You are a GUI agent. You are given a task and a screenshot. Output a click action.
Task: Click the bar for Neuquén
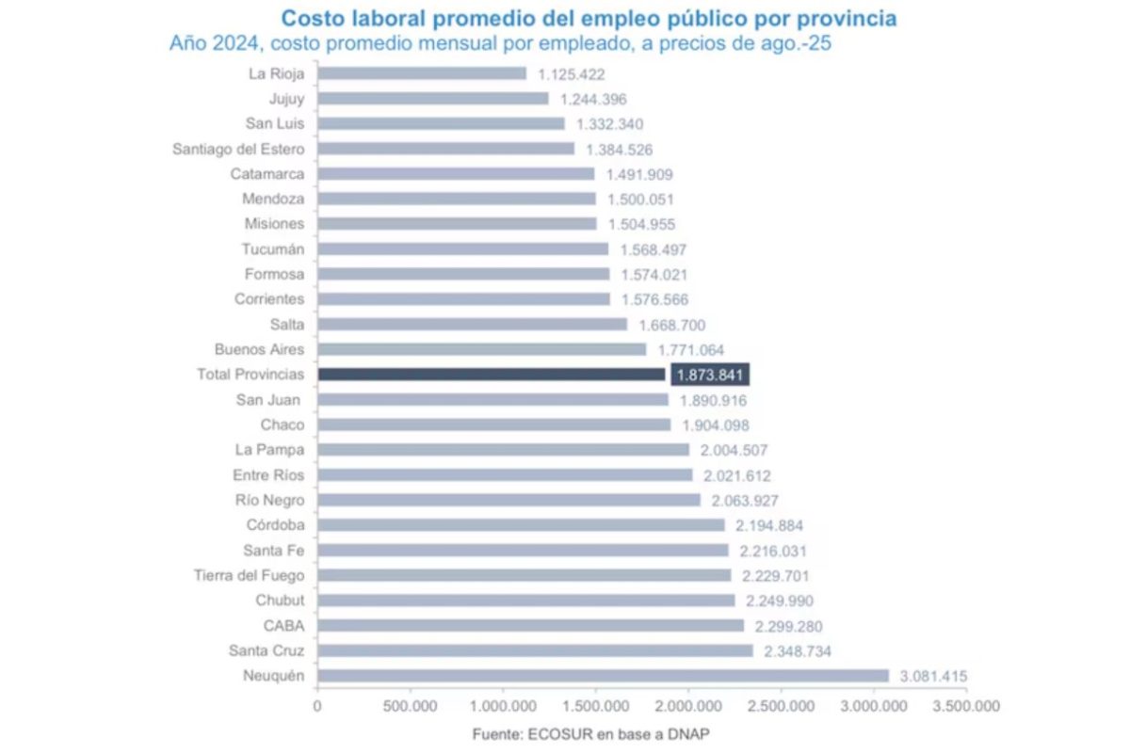coord(603,676)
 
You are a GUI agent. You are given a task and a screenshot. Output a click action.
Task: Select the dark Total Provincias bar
coord(492,375)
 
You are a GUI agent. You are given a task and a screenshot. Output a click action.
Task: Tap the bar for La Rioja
coord(422,73)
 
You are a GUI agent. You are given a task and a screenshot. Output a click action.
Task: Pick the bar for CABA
coord(530,625)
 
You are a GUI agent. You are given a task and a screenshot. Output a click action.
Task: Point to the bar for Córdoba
coord(521,525)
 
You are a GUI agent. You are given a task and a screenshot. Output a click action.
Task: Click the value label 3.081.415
coord(932,676)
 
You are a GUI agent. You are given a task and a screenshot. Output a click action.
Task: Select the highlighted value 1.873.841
coord(710,375)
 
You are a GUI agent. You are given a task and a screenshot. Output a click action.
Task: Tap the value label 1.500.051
coord(640,199)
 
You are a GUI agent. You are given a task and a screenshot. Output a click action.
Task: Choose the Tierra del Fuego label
coord(249,575)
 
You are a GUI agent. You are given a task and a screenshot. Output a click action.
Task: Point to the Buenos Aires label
coord(259,349)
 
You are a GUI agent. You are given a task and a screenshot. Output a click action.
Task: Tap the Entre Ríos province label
coord(268,475)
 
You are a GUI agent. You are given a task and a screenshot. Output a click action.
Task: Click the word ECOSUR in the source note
coord(573,733)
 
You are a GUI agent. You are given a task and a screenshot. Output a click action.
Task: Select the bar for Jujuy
coord(433,99)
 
